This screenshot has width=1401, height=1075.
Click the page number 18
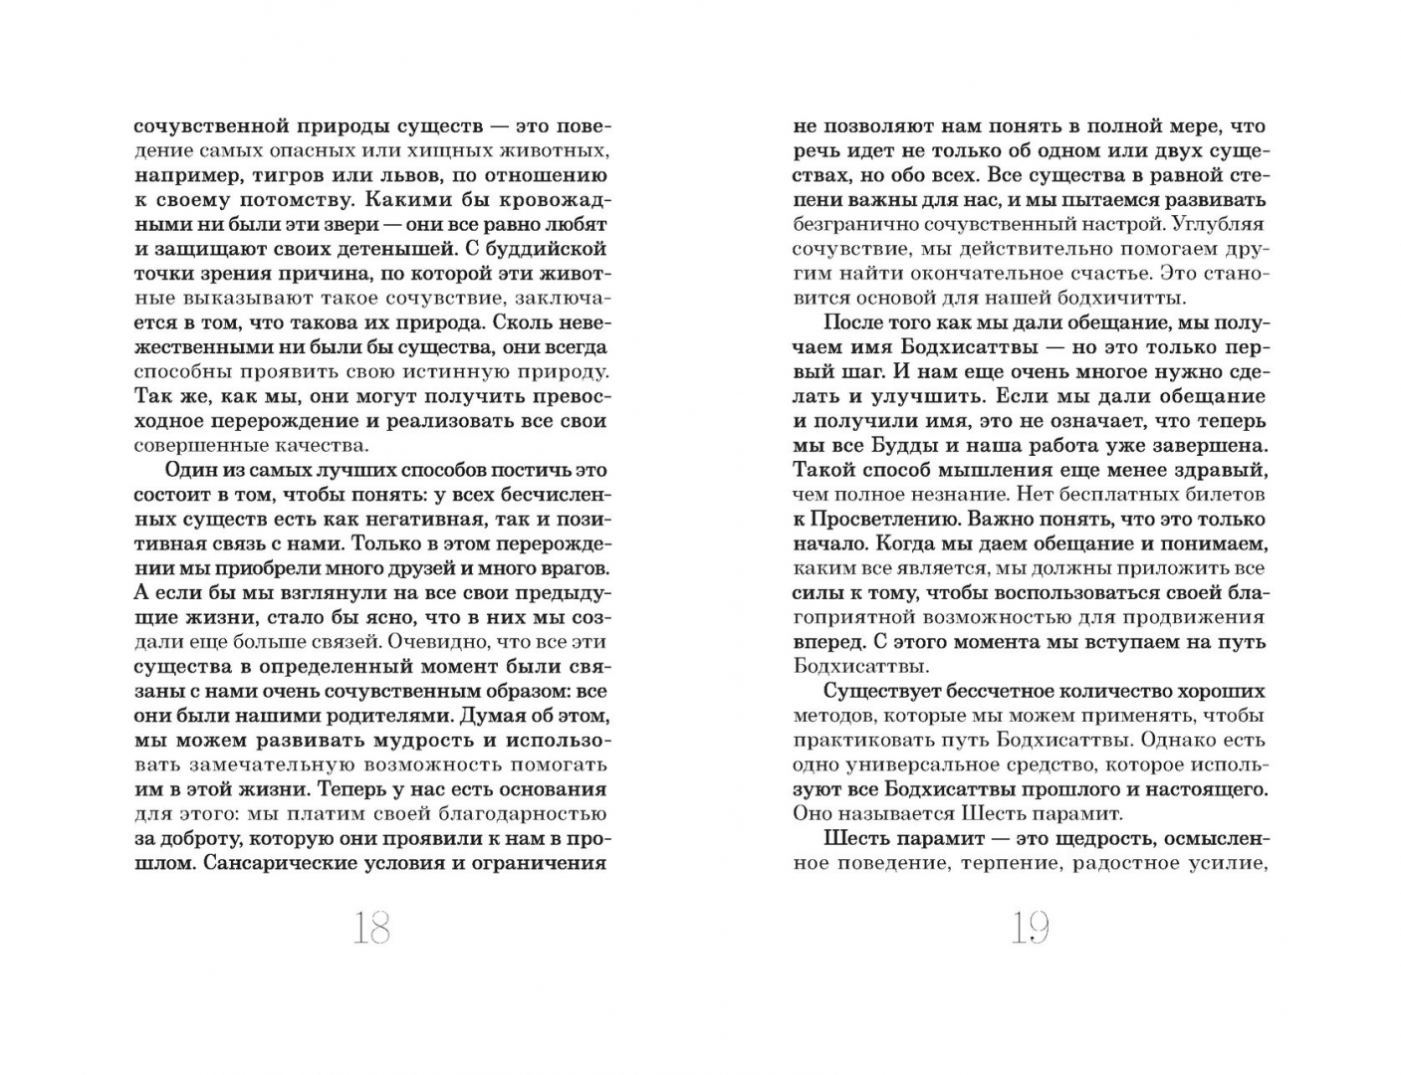[370, 930]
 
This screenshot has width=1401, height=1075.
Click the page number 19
[1030, 930]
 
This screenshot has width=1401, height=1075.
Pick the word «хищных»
[456, 151]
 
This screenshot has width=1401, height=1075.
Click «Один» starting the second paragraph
[185, 470]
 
